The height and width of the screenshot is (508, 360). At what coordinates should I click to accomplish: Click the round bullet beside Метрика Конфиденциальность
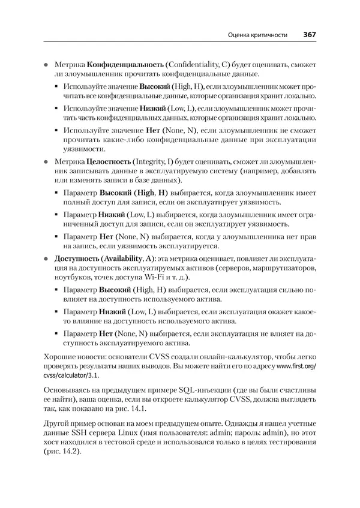[x=45, y=64]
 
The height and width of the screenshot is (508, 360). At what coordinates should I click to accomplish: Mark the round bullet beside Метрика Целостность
[x=45, y=162]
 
